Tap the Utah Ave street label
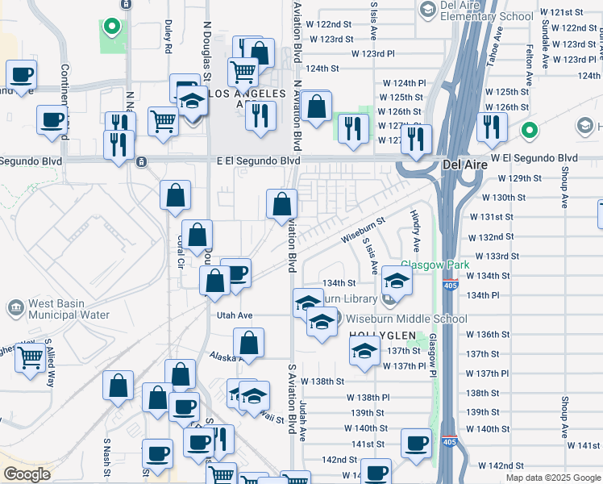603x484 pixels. point(234,315)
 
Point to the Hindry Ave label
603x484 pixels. point(415,228)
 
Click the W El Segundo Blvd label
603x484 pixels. point(534,158)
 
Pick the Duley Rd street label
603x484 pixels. point(168,37)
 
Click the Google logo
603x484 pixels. point(27,474)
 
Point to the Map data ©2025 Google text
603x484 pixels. point(552,478)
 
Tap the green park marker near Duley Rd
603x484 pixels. point(114,27)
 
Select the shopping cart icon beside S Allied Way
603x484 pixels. point(31,357)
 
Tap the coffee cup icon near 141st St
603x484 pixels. point(417,443)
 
